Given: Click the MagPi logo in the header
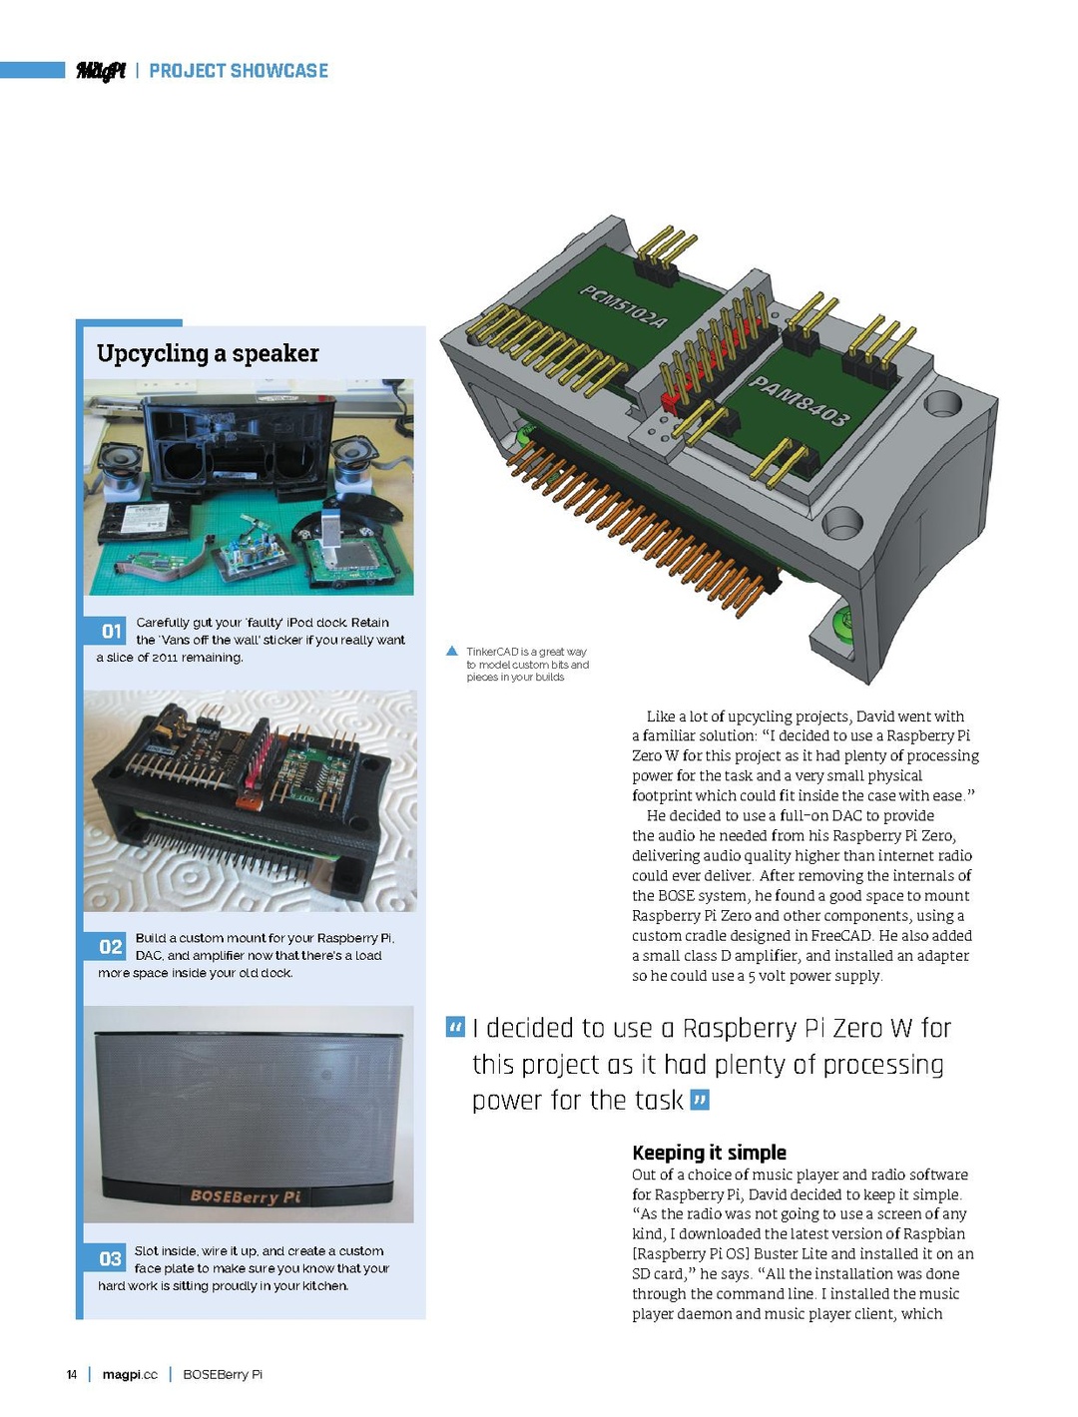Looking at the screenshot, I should point(101,70).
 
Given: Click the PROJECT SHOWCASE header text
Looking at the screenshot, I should point(239,71).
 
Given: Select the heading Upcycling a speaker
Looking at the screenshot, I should point(208,353).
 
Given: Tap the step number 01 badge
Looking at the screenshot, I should point(111,632).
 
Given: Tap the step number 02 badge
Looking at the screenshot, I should point(111,947).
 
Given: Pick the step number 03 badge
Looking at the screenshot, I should point(110,1259).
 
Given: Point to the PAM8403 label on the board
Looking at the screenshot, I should point(799,399).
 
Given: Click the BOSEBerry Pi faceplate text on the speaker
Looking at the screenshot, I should point(245,1196).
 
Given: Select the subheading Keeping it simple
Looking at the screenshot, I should point(709,1153).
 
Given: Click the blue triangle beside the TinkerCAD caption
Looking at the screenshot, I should point(452,652).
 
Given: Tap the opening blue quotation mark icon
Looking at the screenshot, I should point(455,1027).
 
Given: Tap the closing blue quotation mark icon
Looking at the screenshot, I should point(700,1101).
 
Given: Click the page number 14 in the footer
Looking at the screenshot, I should point(72,1375).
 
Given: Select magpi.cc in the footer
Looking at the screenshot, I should point(130,1375).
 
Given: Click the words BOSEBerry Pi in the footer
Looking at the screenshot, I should point(223,1375).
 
